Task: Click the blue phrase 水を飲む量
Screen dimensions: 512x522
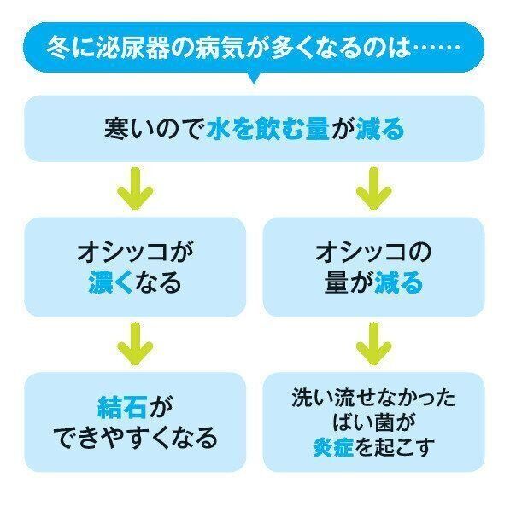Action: tap(267, 130)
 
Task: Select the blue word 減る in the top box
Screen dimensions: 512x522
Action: tap(378, 130)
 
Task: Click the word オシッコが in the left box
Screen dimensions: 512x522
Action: tap(135, 252)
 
